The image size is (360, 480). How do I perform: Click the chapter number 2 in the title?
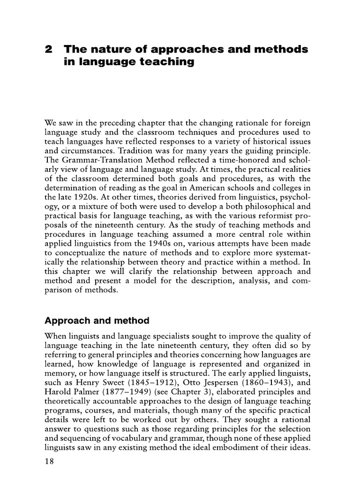tap(47, 49)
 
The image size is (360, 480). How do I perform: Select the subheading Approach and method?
tap(97, 321)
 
